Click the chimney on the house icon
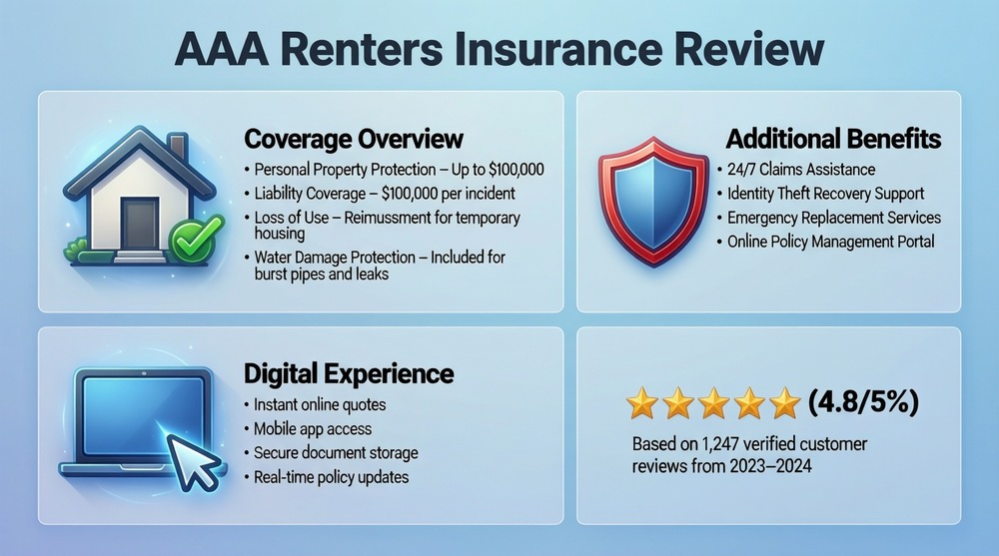tap(176, 148)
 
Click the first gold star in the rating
tap(641, 404)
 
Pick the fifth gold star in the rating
tap(785, 404)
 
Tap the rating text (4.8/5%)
tap(862, 403)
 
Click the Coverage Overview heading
tap(353, 138)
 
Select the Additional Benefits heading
tap(833, 138)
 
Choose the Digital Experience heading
tap(349, 374)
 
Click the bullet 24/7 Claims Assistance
tap(800, 170)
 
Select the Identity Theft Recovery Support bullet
tap(825, 194)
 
